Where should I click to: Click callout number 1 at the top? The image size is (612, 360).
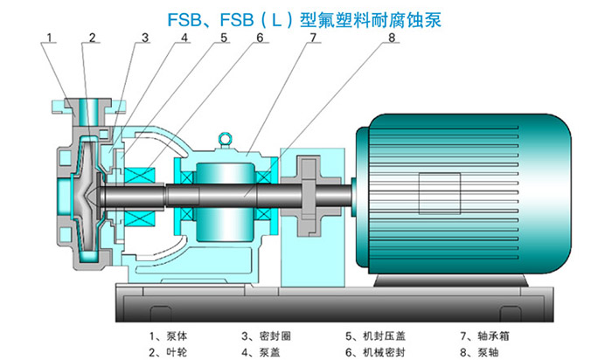coord(51,38)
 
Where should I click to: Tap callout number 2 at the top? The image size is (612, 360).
coord(90,38)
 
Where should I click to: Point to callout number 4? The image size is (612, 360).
coord(184,38)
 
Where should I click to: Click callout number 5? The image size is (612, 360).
coord(224,38)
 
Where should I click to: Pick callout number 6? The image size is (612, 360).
coord(260,38)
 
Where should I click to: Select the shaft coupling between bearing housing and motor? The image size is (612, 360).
coord(311,195)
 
